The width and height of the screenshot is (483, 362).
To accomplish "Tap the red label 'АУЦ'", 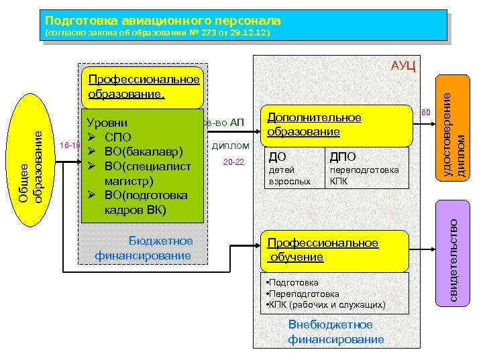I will click(x=405, y=65).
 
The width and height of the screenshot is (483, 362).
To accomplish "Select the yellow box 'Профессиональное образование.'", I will click(x=140, y=86).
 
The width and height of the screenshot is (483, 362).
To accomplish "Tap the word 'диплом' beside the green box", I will click(x=231, y=145).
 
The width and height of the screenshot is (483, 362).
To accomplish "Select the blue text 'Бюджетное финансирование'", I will click(x=144, y=248).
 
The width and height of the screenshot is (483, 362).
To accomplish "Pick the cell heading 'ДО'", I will click(x=276, y=157).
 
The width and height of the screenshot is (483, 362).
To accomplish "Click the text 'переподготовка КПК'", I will click(x=364, y=176).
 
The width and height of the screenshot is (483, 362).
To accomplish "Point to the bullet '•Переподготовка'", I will click(x=303, y=294).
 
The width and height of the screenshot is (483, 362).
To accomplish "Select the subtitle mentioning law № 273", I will click(x=157, y=34).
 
